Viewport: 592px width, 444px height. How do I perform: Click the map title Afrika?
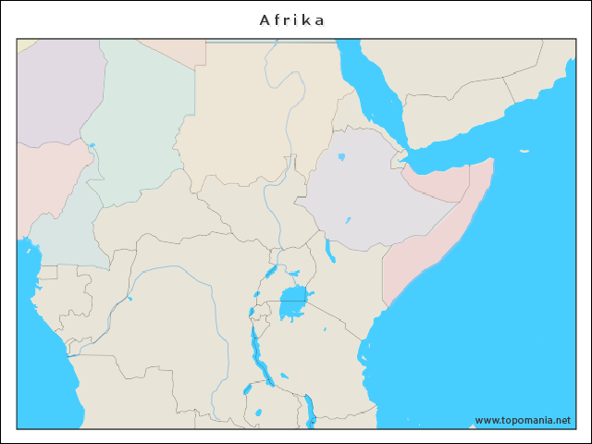pos(292,19)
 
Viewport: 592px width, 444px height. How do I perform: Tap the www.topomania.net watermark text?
pos(523,420)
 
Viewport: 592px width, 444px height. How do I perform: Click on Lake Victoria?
pos(293,302)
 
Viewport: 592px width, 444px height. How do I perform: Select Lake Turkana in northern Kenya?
pos(330,250)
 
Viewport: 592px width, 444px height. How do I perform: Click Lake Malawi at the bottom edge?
pos(310,409)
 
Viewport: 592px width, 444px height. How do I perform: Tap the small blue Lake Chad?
pos(92,144)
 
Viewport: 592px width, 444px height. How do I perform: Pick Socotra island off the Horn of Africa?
pos(524,152)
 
